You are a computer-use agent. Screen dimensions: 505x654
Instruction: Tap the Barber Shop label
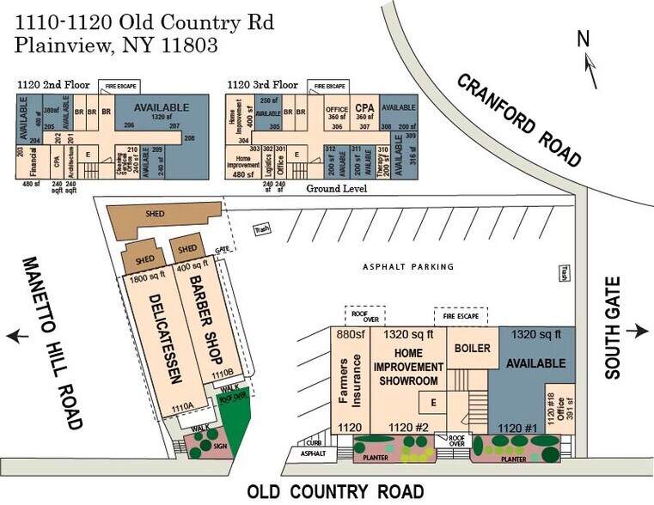coord(205,322)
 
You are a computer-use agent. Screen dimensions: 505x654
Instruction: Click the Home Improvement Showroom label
coord(407,367)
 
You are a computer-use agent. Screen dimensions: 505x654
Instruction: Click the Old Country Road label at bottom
coord(335,492)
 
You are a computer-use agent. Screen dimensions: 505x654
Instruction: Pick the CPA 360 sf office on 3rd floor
coord(364,111)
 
